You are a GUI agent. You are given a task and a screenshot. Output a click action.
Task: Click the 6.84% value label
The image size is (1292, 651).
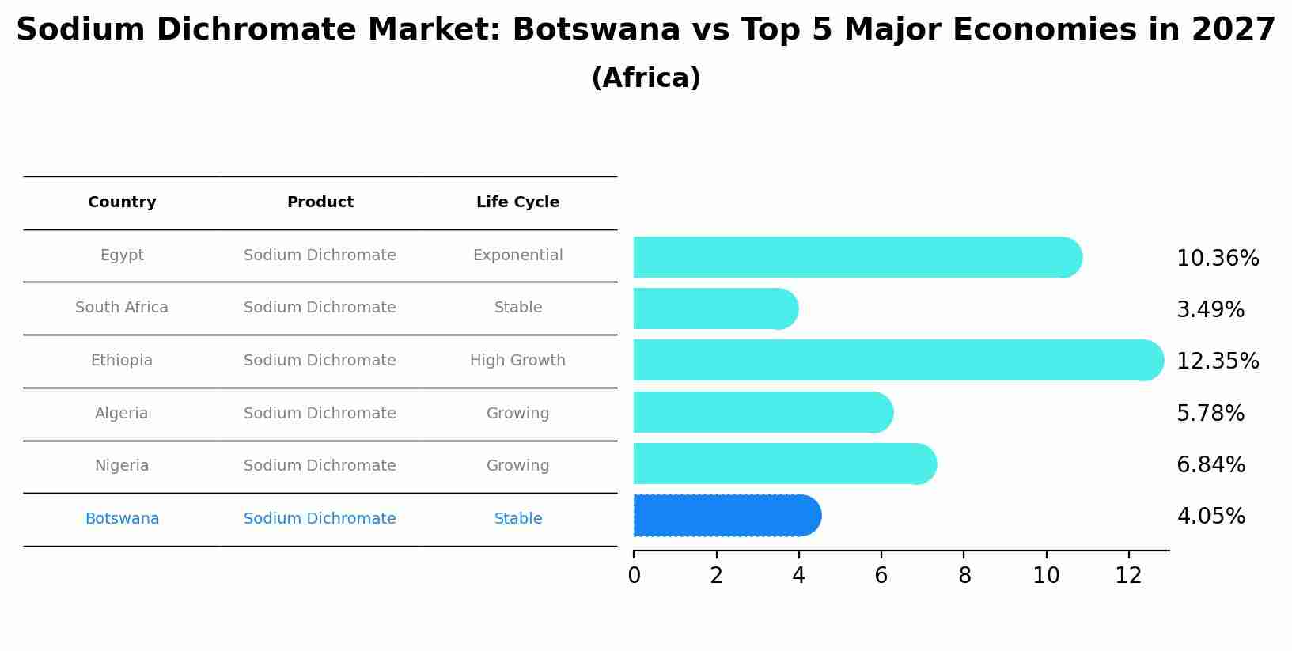[1211, 464]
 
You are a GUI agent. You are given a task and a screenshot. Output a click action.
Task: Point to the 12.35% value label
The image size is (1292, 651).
[1217, 361]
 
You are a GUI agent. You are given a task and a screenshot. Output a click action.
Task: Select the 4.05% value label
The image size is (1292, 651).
[1211, 517]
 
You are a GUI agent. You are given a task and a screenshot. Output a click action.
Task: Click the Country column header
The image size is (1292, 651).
[122, 202]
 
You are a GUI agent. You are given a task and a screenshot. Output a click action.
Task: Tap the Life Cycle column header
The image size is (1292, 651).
[517, 202]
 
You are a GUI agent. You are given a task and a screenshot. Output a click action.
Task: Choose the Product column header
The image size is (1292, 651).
[320, 202]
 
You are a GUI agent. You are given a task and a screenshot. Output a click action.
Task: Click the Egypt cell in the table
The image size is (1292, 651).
[122, 255]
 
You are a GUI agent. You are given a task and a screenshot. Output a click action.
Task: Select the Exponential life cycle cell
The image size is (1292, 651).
[517, 255]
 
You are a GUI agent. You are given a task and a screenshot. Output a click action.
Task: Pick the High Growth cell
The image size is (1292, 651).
[517, 361]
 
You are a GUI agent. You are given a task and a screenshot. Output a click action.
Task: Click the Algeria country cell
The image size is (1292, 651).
[122, 413]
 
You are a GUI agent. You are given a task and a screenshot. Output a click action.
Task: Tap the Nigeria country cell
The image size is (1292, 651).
[122, 466]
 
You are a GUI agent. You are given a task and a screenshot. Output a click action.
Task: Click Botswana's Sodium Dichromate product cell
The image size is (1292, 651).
[320, 519]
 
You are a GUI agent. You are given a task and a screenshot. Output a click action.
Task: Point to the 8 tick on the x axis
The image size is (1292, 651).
[964, 576]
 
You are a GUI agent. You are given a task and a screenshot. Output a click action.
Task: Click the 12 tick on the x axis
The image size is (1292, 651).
[1128, 576]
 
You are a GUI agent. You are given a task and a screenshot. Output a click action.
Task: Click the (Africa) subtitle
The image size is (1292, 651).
[646, 78]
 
